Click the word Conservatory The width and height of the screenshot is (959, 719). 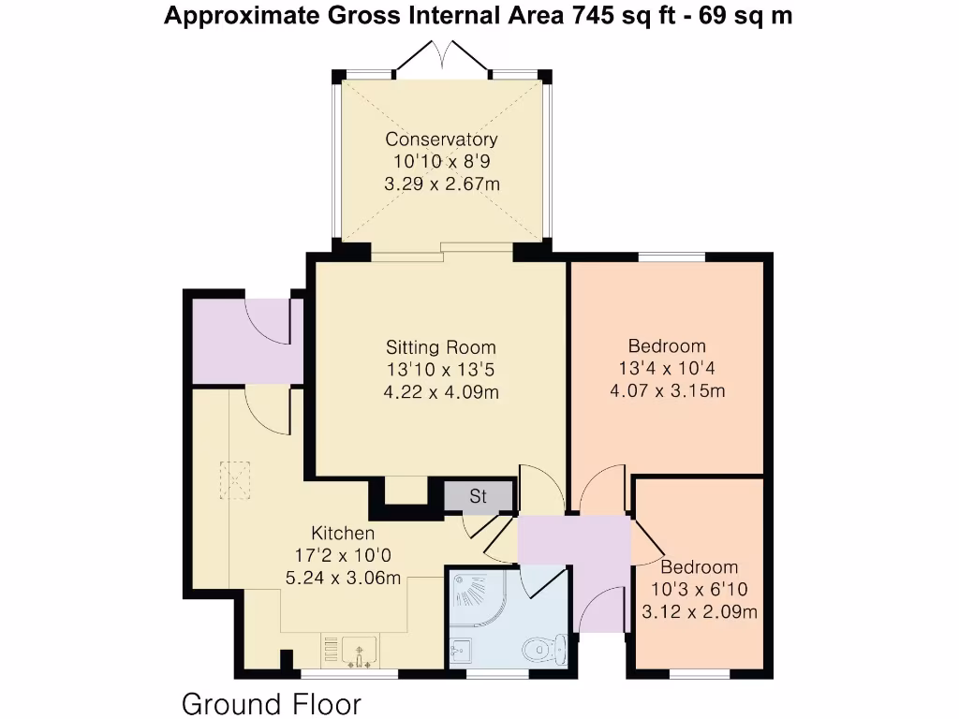441,139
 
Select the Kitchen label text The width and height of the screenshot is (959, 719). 343,534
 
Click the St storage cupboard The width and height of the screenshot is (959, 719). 479,496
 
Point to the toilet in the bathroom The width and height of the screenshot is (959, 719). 544,648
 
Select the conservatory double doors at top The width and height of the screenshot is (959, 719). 441,58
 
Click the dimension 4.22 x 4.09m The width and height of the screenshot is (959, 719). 441,392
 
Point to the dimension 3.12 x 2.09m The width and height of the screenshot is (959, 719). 699,612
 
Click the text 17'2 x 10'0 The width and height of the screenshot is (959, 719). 343,556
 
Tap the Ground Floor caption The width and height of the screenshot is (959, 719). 271,703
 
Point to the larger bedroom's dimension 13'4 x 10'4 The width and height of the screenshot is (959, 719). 667,368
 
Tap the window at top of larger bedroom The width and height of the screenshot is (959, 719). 671,257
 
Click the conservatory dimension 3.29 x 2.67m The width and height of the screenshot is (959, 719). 441,184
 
